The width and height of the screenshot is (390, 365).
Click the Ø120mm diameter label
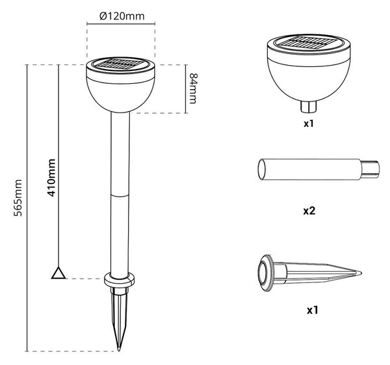coord(122,16)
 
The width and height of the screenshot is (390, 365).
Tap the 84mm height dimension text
coord(193,88)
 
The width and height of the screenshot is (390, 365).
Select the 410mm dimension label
coord(51,178)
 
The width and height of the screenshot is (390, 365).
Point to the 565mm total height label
coord(18,197)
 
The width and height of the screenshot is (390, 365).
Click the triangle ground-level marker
coord(58,273)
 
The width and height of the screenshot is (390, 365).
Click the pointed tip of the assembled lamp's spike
coord(119,349)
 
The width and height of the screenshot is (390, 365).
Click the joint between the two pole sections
coord(120,196)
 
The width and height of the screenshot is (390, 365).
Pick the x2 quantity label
coord(309,211)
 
